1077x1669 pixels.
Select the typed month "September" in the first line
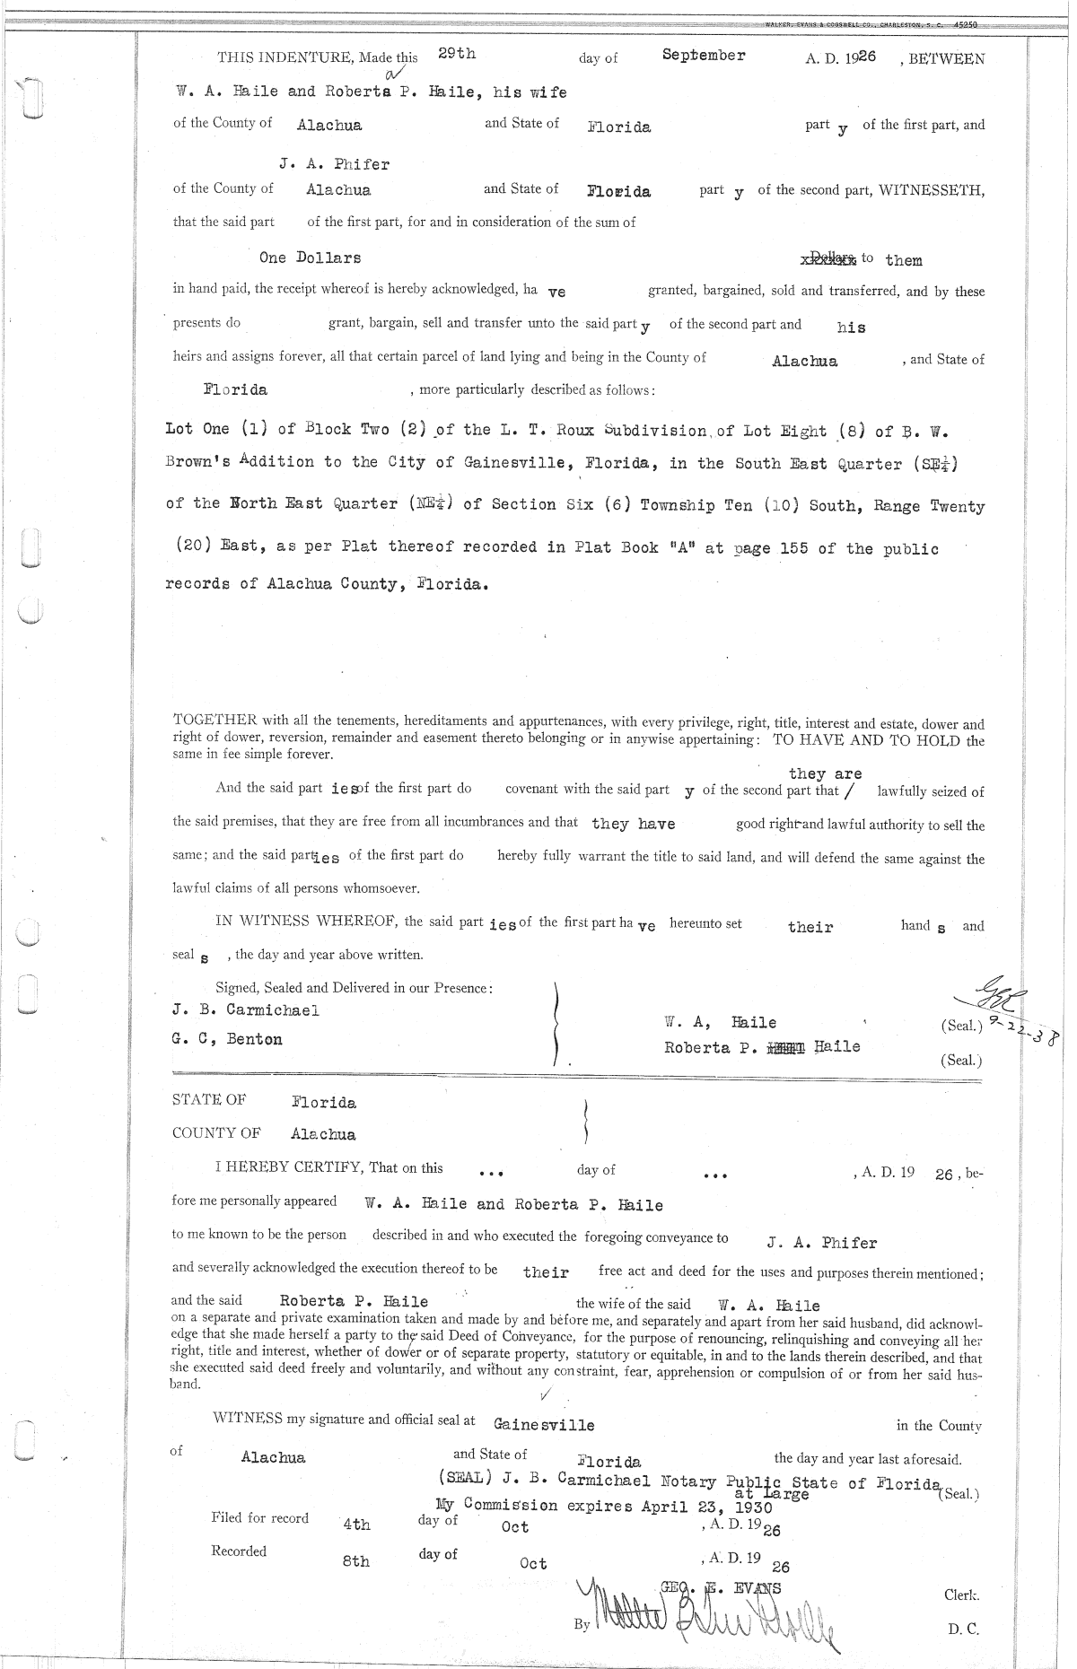(x=704, y=55)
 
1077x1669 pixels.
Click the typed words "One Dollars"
(x=310, y=258)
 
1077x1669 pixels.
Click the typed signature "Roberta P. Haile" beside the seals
(x=761, y=1046)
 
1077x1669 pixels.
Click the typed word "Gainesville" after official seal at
(x=544, y=1424)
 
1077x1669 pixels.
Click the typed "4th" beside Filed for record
(x=356, y=1525)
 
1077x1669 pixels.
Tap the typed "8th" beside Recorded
(x=355, y=1561)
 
